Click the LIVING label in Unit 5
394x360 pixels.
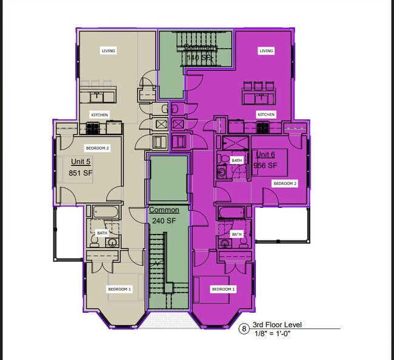point(109,51)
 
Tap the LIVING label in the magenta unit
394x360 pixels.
point(266,51)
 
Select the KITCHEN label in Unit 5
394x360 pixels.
point(100,115)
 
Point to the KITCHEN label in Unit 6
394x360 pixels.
point(265,115)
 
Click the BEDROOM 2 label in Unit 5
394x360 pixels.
point(97,148)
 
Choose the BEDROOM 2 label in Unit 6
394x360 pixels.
point(285,183)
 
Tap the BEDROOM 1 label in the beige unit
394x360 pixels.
point(119,289)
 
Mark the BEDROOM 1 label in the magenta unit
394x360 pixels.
point(223,290)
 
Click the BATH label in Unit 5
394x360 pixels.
point(101,233)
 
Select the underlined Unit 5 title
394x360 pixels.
point(81,162)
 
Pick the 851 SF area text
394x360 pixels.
point(81,173)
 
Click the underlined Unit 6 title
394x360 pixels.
point(265,155)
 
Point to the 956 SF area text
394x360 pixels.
point(265,165)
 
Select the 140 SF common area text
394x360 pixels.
point(198,58)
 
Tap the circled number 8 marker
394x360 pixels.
point(244,329)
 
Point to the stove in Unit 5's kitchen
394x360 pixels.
point(94,128)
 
